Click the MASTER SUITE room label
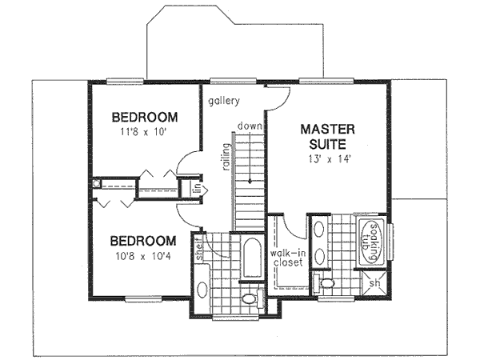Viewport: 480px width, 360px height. [323, 136]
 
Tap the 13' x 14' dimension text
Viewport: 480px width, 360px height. [323, 158]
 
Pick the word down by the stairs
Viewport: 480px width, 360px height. [250, 126]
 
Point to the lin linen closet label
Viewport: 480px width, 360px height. [194, 190]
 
